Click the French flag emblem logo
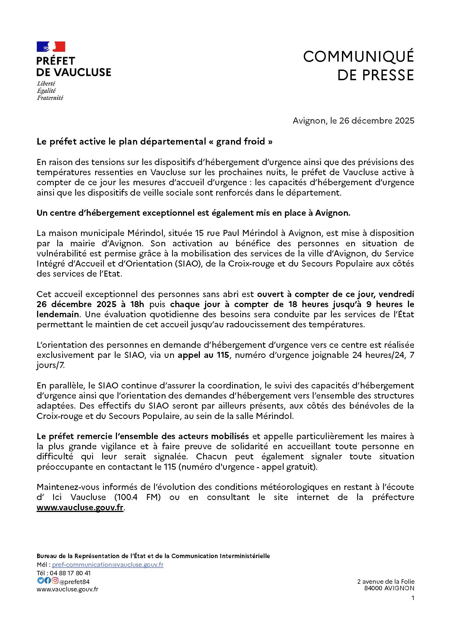point(51,47)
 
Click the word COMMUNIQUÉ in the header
point(358,57)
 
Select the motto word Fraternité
point(50,98)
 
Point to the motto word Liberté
point(46,83)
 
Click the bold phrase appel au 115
point(203,355)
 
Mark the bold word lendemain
point(58,314)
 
